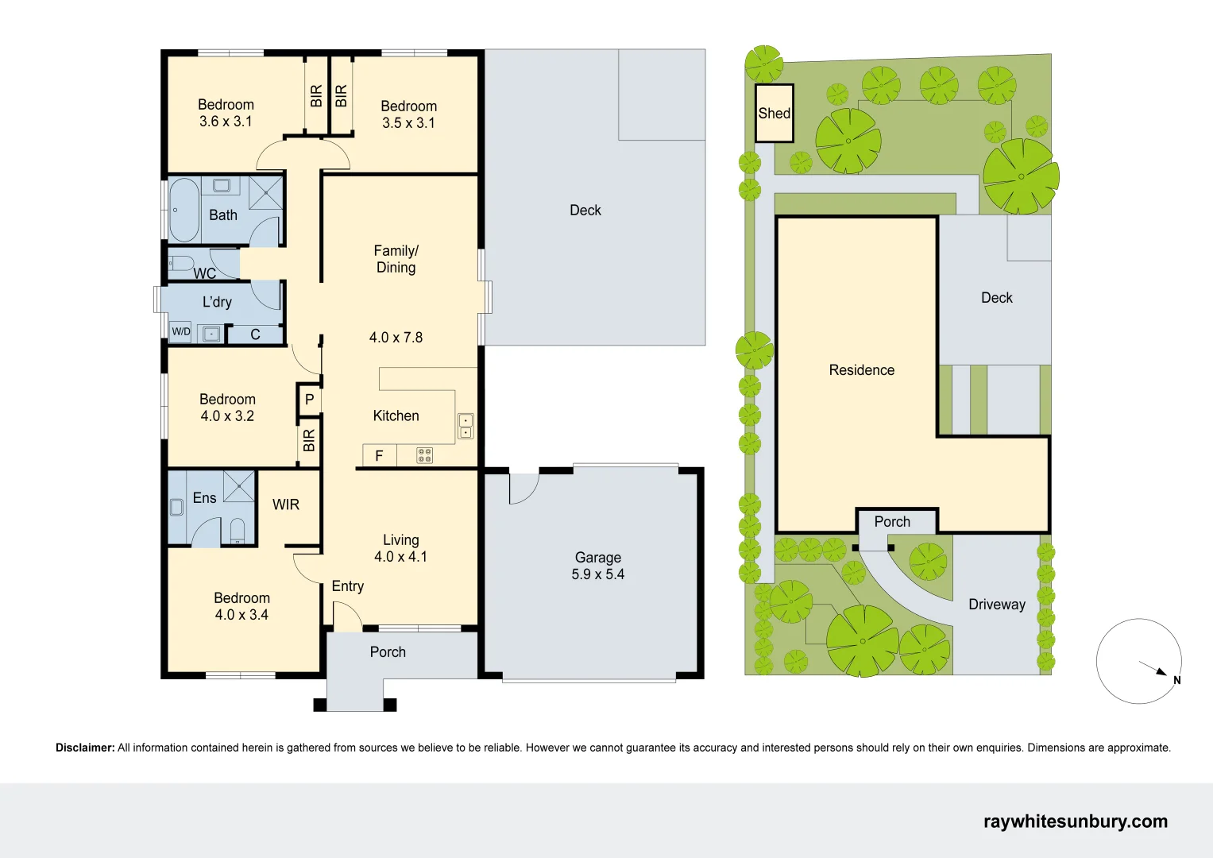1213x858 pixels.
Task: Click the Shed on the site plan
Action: tap(775, 113)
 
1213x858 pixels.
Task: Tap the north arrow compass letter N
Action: tap(1176, 680)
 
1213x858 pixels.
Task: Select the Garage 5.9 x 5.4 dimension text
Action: tap(598, 574)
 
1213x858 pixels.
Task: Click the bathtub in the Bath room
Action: tap(183, 210)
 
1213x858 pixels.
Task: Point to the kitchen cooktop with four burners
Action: tap(424, 455)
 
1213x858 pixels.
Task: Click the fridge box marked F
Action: tap(379, 455)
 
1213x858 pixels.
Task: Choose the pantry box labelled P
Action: tap(309, 400)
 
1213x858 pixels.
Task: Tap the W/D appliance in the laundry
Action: tap(181, 331)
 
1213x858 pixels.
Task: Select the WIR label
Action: tap(286, 504)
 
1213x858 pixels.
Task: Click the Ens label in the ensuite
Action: tap(204, 498)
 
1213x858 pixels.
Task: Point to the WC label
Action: tap(205, 273)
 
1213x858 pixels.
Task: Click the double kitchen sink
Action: tap(465, 426)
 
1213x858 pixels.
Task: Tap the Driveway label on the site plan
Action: tap(997, 605)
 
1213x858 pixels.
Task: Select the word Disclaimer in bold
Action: tap(86, 748)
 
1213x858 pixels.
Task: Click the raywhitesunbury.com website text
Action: tap(1076, 821)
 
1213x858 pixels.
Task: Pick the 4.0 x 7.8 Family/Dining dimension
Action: tap(396, 338)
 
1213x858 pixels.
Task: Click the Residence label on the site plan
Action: tap(862, 370)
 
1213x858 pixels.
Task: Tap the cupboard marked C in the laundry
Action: tap(255, 334)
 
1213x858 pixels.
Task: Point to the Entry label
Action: tap(348, 586)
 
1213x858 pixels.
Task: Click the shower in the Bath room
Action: tap(266, 192)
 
